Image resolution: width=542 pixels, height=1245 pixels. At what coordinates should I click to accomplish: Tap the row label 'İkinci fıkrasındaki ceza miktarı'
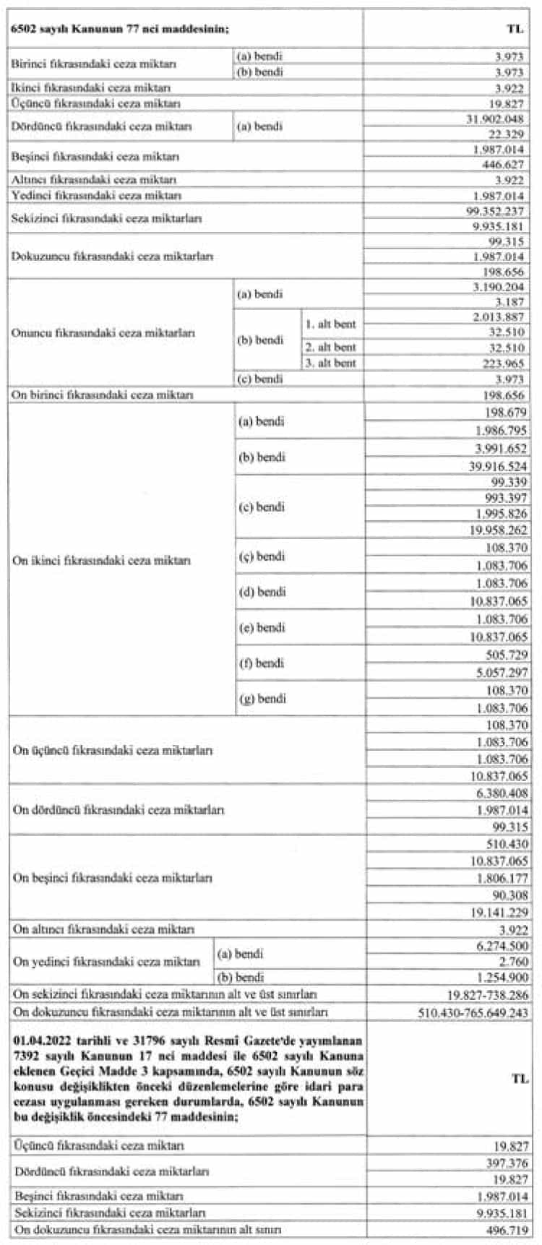tap(91, 87)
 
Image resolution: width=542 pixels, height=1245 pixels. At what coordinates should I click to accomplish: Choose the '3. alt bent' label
tap(330, 363)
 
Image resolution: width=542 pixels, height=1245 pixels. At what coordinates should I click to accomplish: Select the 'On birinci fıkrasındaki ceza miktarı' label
tap(103, 395)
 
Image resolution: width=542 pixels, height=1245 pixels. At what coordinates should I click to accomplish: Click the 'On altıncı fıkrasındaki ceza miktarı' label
tap(104, 929)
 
